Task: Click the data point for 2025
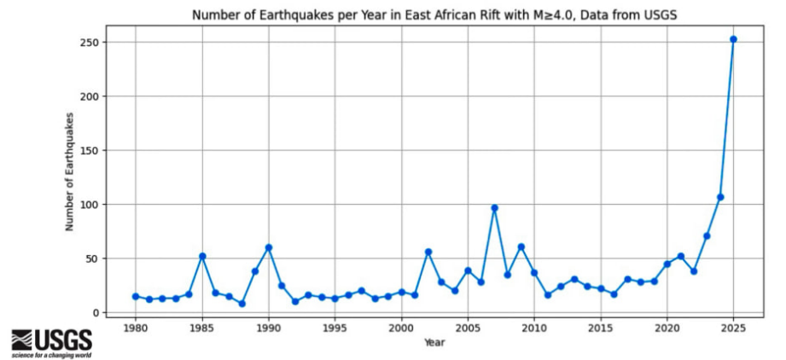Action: pos(733,39)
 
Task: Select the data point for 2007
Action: pos(494,207)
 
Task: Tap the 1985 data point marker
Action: pos(202,256)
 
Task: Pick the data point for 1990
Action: pos(269,247)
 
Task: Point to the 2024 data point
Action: pos(720,197)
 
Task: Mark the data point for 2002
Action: pos(428,252)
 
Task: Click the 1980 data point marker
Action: pos(136,296)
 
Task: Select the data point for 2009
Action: pos(521,247)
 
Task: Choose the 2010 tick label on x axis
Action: pos(534,328)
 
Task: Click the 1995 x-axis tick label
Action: pos(335,328)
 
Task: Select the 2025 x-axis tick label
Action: pos(733,328)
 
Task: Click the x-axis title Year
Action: pos(434,343)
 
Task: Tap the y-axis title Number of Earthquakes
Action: pos(71,177)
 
